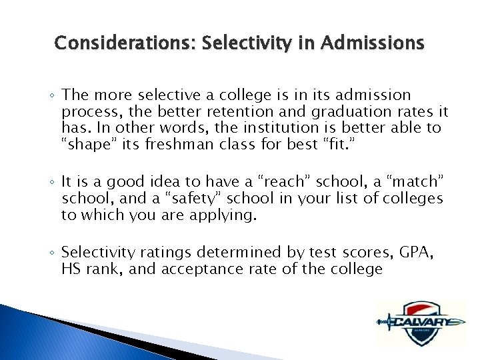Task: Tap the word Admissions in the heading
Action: tap(372, 43)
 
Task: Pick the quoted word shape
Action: tap(85, 145)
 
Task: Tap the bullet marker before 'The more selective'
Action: tap(53, 96)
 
